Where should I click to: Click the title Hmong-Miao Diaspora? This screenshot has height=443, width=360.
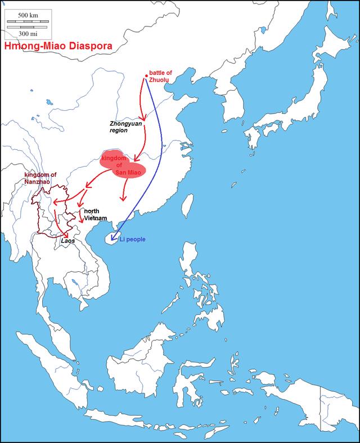pyautogui.click(x=57, y=47)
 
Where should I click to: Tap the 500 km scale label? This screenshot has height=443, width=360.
pyautogui.click(x=28, y=14)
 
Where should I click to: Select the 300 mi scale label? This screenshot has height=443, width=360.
pyautogui.click(x=28, y=32)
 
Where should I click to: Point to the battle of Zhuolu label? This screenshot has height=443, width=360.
pyautogui.click(x=160, y=77)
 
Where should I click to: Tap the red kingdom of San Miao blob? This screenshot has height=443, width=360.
pyautogui.click(x=123, y=163)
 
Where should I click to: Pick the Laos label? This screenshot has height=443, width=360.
pyautogui.click(x=67, y=240)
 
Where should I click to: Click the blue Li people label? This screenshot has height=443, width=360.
pyautogui.click(x=133, y=239)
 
